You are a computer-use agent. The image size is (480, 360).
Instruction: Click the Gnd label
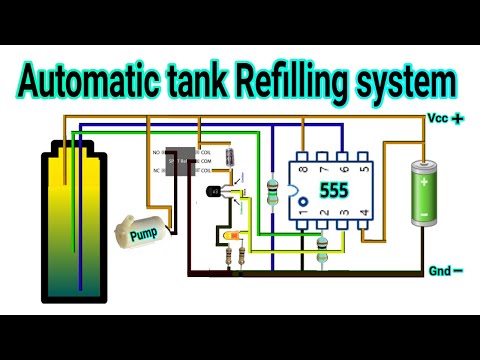pyautogui.click(x=439, y=270)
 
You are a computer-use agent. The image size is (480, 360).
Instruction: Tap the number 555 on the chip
pyautogui.click(x=332, y=188)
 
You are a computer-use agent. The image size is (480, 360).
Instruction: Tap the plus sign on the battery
pyautogui.click(x=424, y=182)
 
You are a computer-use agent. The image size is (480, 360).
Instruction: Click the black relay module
pyautogui.click(x=181, y=161)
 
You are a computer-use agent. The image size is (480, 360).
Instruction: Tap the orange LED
pyautogui.click(x=232, y=237)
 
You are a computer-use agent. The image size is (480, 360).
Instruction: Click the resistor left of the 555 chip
pyautogui.click(x=273, y=190)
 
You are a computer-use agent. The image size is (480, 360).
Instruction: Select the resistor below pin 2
pyautogui.click(x=321, y=250)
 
